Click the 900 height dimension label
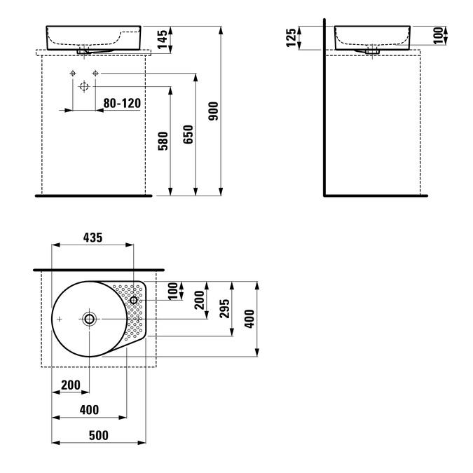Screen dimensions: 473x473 213,111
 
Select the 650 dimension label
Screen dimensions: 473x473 188,135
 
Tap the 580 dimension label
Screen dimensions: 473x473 163,141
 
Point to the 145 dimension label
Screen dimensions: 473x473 163,39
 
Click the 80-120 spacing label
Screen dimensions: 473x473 122,103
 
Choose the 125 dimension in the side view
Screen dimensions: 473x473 291,38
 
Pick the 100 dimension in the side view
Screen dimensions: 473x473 437,36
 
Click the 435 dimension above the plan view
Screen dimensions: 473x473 93,238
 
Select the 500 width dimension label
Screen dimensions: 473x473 99,435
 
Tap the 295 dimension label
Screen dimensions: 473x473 224,308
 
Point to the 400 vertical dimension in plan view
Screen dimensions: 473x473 249,319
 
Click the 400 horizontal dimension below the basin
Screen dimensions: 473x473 89,410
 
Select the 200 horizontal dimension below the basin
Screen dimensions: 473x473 71,385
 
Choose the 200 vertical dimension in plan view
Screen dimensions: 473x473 200,300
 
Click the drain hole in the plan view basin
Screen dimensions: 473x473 89,319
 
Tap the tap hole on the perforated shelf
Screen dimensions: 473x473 134,300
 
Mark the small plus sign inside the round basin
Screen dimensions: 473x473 60,319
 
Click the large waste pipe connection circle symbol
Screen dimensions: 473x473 84,87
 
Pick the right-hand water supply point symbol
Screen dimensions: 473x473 95,73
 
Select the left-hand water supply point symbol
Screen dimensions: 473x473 73,73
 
